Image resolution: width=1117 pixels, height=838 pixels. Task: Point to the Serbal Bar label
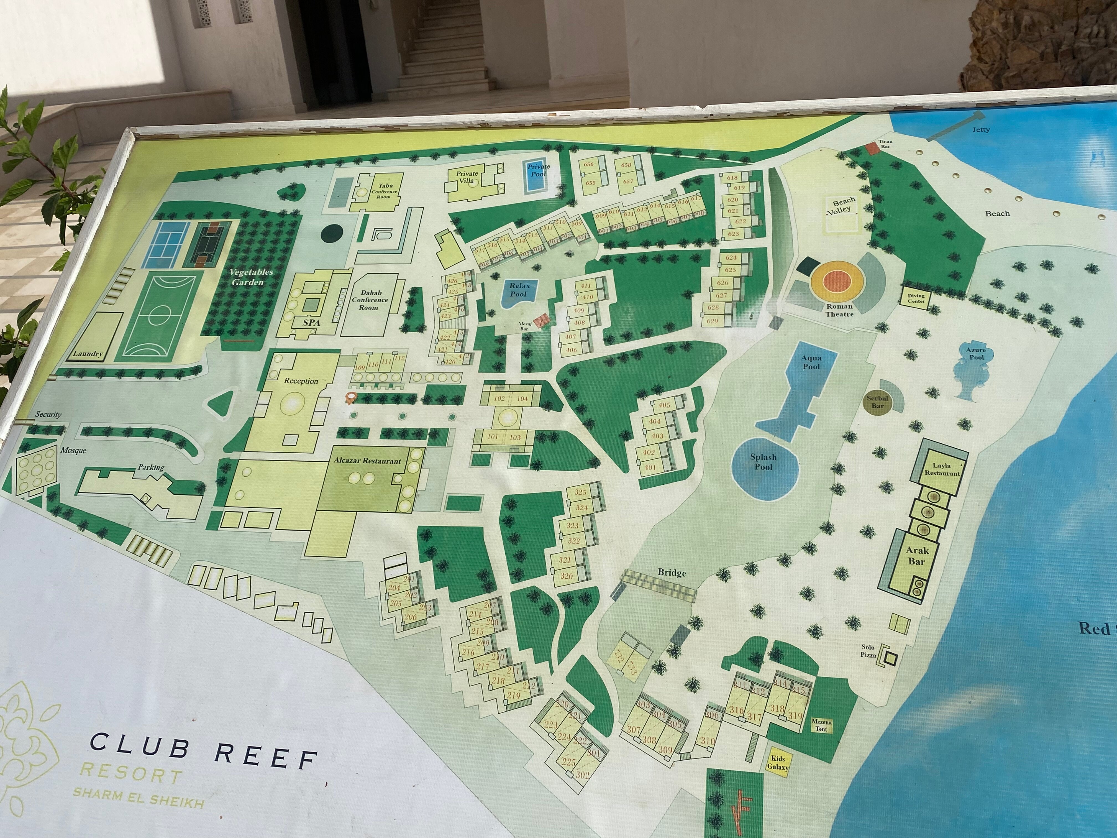pos(877,402)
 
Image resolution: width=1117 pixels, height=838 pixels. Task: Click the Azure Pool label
pos(976,354)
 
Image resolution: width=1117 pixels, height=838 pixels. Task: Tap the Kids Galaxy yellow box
pos(777,762)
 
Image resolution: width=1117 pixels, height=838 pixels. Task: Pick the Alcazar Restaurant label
pos(367,461)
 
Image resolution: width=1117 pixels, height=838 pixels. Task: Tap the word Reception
pos(301,381)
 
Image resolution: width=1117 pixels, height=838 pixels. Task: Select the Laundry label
pos(88,354)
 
